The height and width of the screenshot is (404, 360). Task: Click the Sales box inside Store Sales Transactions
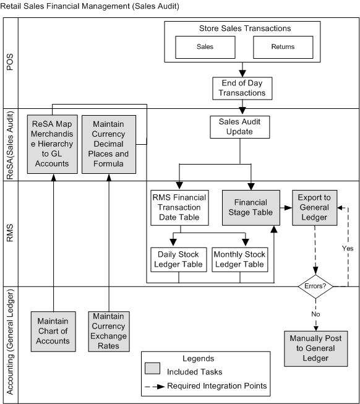pyautogui.click(x=204, y=46)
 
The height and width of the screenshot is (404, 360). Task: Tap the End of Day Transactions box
pyautogui.click(x=242, y=87)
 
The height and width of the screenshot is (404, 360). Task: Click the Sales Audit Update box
pyautogui.click(x=240, y=127)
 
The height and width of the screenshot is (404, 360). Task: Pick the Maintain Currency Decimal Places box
pyautogui.click(x=109, y=144)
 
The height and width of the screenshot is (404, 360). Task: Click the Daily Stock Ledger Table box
pyautogui.click(x=178, y=259)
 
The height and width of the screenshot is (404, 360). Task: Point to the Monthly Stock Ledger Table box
pyautogui.click(x=240, y=259)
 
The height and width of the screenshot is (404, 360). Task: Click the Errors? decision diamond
pyautogui.click(x=317, y=286)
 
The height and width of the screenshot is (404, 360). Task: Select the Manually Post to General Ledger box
pyautogui.click(x=316, y=348)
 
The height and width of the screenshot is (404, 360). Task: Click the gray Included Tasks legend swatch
pyautogui.click(x=153, y=371)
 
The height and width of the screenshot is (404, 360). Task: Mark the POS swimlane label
pyautogui.click(x=9, y=62)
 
